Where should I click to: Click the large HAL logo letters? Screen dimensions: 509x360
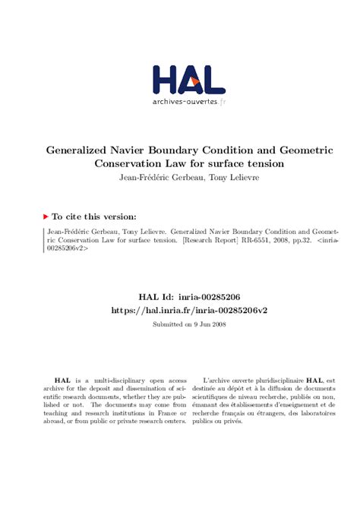(x=188, y=80)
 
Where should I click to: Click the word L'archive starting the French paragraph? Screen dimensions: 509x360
(x=220, y=381)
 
